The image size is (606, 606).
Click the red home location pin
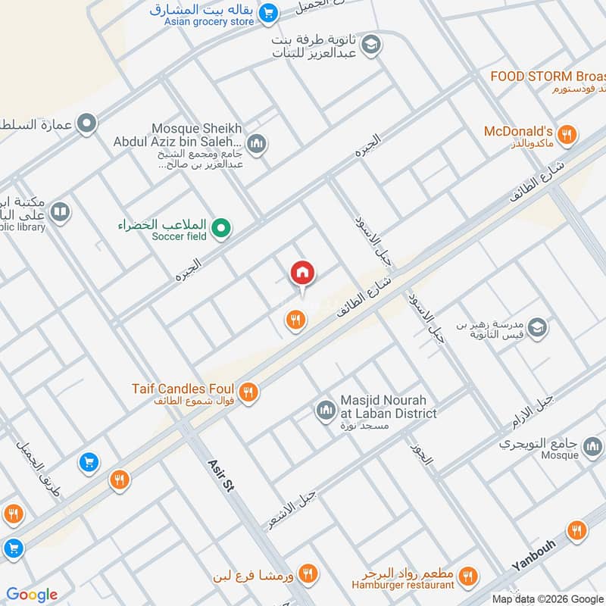click(302, 273)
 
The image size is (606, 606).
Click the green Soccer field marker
click(220, 226)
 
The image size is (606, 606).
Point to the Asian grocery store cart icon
click(267, 13)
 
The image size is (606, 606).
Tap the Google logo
click(32, 595)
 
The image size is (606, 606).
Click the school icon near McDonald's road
click(537, 328)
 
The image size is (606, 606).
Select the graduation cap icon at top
click(370, 45)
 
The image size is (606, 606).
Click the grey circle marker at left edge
click(88, 121)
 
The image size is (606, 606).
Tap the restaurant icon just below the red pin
click(295, 321)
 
